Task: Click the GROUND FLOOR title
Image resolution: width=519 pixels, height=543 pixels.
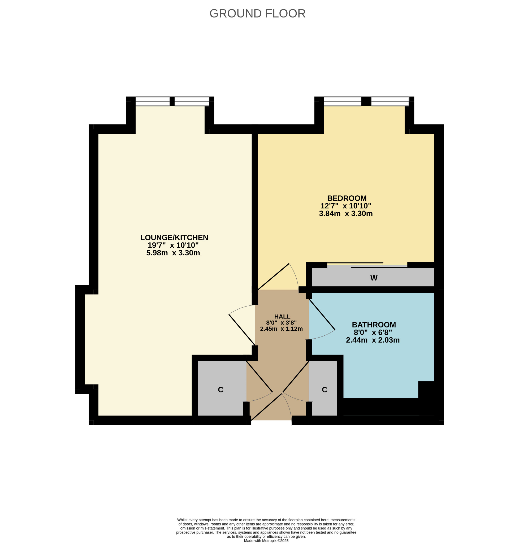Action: click(257, 14)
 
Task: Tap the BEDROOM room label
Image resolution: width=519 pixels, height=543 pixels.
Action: click(347, 198)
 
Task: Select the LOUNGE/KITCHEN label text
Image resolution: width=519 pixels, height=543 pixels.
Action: click(174, 238)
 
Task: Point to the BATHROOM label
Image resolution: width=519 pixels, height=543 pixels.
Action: click(374, 325)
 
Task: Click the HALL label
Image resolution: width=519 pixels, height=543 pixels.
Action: click(282, 317)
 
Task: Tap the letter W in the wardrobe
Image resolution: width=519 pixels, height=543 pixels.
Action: click(374, 278)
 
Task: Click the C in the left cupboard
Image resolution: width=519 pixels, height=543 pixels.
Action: click(220, 389)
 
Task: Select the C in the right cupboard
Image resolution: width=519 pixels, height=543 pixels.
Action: click(325, 389)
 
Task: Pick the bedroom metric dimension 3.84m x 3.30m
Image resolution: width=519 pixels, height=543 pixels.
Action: click(346, 213)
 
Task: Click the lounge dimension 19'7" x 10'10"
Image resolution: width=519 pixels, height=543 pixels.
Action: click(173, 245)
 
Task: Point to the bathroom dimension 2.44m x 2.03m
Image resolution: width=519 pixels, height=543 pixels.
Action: click(373, 340)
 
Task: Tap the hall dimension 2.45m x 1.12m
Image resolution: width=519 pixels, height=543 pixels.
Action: click(281, 329)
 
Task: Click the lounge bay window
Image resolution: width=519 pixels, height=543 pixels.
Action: click(172, 101)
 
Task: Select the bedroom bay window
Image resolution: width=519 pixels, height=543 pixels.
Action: click(366, 101)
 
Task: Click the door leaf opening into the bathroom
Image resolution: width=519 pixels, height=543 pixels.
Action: click(322, 314)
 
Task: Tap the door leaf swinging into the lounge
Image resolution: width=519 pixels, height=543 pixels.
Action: click(242, 330)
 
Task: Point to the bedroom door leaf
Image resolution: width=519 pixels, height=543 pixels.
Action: click(273, 277)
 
